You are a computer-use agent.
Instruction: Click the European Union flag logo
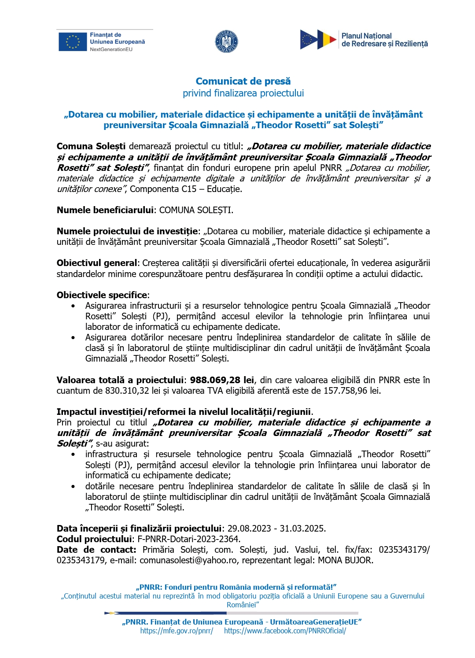point(73,42)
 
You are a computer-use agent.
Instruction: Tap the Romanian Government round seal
point(226,42)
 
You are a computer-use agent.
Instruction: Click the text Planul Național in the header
point(366,36)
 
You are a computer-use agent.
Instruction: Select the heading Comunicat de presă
point(243,81)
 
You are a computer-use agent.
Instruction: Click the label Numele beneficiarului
point(105,210)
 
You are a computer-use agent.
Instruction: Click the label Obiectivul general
point(97,263)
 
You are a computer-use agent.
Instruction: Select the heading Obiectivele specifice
point(102,295)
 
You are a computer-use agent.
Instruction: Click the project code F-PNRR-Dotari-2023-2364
point(188,539)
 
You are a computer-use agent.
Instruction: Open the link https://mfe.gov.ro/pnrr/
point(177,631)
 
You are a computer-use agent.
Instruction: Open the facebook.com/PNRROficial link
point(285,631)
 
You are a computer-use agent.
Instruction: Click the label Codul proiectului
point(94,539)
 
